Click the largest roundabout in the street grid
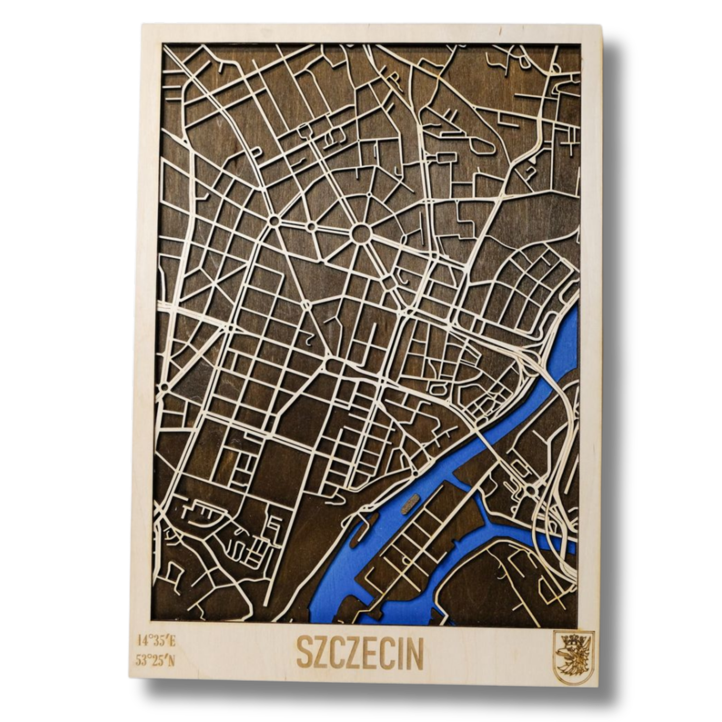[361, 234]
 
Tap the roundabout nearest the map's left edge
[165, 386]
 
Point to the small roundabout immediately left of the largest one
[311, 225]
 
